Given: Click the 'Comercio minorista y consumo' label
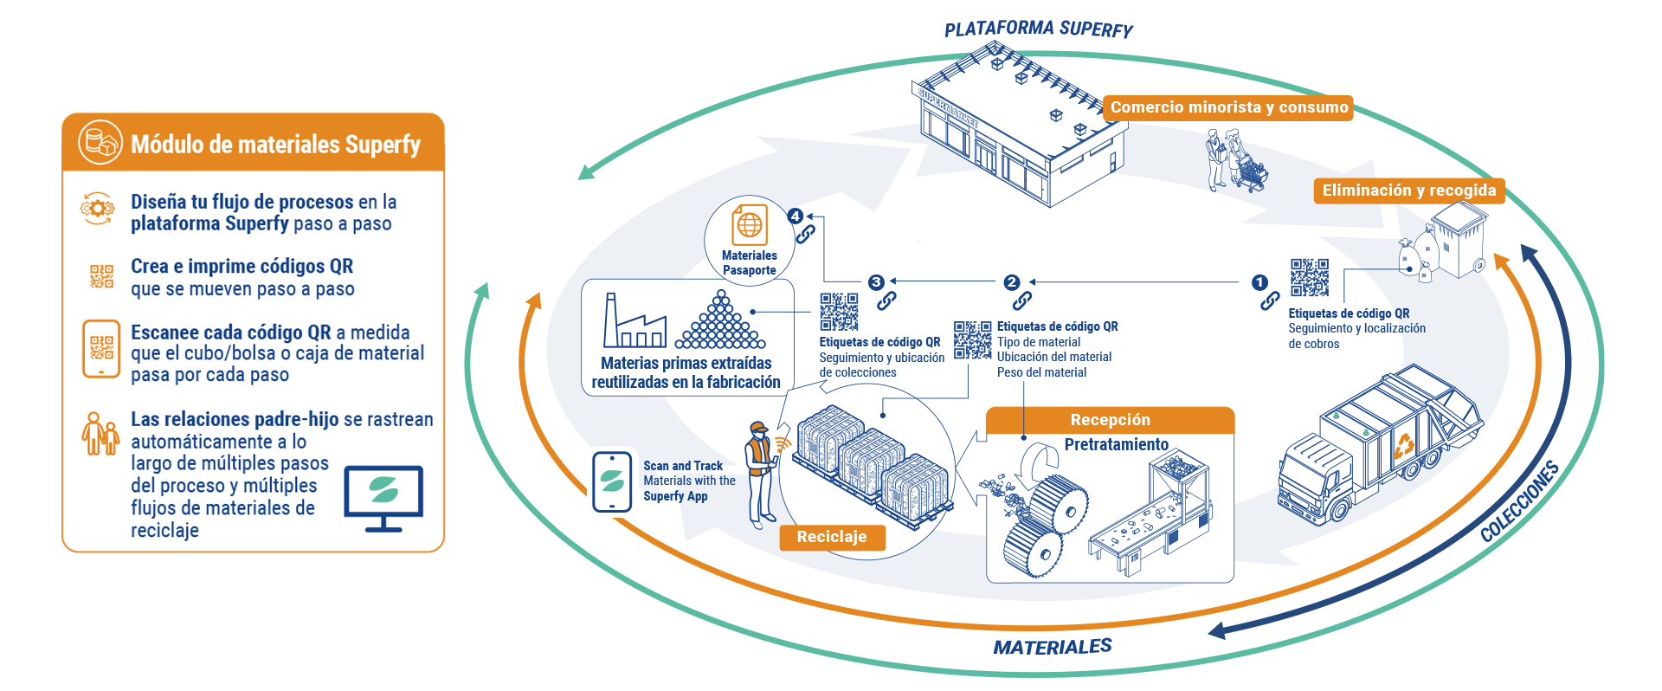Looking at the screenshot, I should tap(1228, 107).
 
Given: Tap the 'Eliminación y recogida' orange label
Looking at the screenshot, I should tap(1408, 191).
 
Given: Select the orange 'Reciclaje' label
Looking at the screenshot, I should tap(831, 537).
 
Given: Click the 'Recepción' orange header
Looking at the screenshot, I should tap(1110, 420).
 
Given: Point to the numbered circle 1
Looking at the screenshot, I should tap(1259, 282).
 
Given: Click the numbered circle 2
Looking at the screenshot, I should tap(1011, 282).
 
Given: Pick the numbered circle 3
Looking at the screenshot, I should tap(876, 282).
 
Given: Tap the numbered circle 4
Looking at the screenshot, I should tap(796, 216).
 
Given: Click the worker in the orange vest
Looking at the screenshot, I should tap(760, 472).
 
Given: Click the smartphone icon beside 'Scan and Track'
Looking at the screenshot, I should tap(613, 481).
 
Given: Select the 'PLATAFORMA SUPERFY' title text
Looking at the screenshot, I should tap(1038, 29).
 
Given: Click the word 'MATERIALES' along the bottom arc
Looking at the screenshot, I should tap(1052, 647).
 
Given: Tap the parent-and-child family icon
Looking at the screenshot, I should tap(100, 433).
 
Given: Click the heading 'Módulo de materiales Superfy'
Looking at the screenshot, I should tap(275, 144).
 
